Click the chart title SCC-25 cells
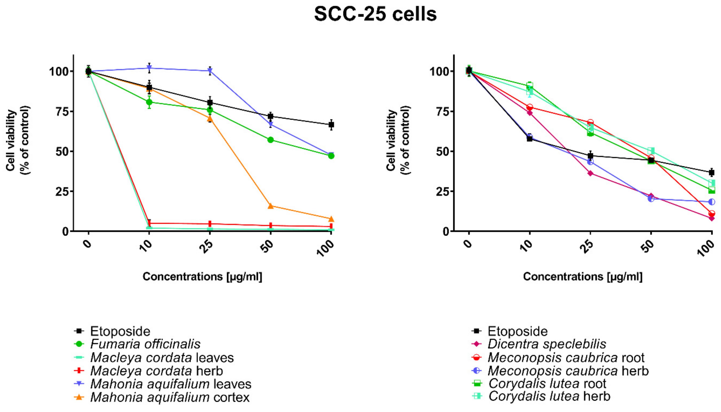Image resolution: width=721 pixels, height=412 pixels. coord(375,14)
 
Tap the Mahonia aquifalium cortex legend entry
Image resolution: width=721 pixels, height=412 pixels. coord(170,397)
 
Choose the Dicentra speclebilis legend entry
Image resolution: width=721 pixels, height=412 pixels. coord(546,344)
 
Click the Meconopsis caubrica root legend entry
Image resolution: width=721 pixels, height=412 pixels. coord(566,358)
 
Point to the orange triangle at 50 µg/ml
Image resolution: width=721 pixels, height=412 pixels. coord(270,206)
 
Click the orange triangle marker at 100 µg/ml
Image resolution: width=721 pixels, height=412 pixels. coord(331,219)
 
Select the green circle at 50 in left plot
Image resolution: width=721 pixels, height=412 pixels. coord(270,140)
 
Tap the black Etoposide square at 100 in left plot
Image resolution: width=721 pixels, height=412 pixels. coord(331,125)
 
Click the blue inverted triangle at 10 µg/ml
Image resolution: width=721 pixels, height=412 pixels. coord(149,68)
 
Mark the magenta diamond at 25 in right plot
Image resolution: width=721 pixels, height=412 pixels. coord(590,173)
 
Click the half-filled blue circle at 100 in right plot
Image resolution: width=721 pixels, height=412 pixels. coord(711,202)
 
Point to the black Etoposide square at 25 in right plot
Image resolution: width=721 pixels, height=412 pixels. coord(590,156)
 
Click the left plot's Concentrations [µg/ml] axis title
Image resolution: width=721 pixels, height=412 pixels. coord(202,277)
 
